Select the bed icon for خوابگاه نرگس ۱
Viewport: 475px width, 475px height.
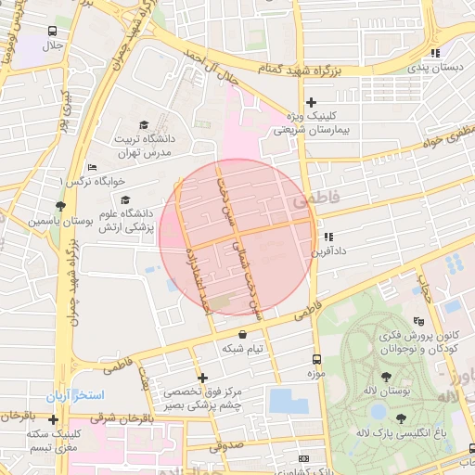(91, 167)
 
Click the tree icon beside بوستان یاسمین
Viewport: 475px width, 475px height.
(61, 206)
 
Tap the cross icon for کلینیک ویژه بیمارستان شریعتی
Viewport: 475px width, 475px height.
(311, 103)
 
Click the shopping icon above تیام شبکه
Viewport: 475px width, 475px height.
(243, 335)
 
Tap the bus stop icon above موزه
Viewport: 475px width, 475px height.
(317, 359)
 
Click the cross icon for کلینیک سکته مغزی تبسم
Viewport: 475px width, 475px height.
(53, 419)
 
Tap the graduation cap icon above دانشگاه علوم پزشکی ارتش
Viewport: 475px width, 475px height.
(124, 199)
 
